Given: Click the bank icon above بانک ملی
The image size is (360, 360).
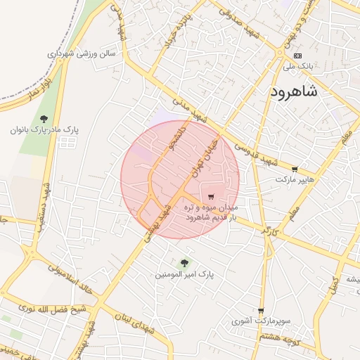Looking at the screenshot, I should [x=297, y=56].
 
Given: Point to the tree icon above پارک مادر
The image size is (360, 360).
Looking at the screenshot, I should [x=44, y=119].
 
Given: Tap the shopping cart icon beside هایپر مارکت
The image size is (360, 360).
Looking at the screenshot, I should [x=294, y=169].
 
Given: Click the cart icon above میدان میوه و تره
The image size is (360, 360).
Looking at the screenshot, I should [x=211, y=197].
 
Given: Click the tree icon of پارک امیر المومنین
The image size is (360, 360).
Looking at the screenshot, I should [x=184, y=262].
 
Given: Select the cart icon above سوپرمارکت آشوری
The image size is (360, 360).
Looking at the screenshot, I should [x=261, y=310].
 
